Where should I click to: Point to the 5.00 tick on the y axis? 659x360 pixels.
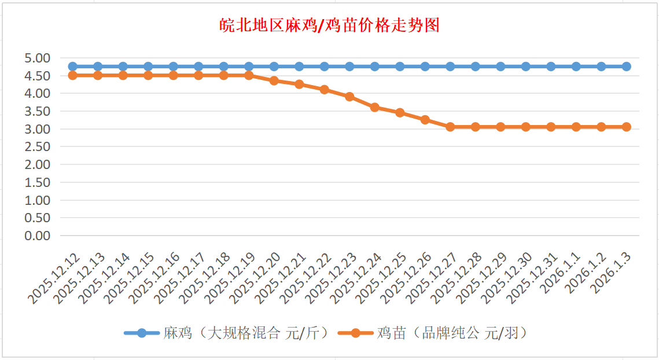point(37,58)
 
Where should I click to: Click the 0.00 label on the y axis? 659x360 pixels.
point(37,236)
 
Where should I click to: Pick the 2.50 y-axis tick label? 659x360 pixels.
point(37,146)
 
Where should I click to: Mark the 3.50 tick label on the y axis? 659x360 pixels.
point(37,111)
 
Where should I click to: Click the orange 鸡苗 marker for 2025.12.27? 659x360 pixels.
point(450,127)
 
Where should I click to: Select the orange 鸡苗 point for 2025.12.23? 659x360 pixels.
point(349,97)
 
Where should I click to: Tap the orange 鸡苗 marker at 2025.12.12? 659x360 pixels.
point(72,75)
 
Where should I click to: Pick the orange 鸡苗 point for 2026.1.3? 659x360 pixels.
point(627,127)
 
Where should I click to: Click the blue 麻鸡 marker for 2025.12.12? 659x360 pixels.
point(72,67)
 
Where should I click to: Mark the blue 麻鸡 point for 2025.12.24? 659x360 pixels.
point(375,67)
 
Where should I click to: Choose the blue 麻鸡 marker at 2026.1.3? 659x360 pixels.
point(627,67)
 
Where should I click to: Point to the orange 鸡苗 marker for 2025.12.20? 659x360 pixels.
point(274,80)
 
